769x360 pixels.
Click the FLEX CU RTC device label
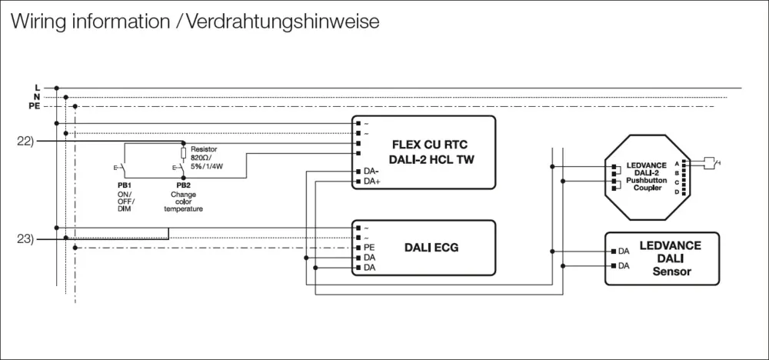tap(429, 144)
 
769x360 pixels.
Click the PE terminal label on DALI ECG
tap(369, 247)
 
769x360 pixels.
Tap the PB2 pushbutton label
tap(183, 185)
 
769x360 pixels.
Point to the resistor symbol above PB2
tap(183, 153)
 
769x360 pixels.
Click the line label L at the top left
tap(37, 88)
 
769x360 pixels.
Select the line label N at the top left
tap(37, 97)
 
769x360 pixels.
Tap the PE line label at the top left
tap(35, 106)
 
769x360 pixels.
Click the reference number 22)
tap(25, 142)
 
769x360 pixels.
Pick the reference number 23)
tap(25, 239)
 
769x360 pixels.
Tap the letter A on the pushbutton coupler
tap(676, 164)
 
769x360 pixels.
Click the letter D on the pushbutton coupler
tap(676, 192)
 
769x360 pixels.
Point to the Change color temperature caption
tap(183, 202)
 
